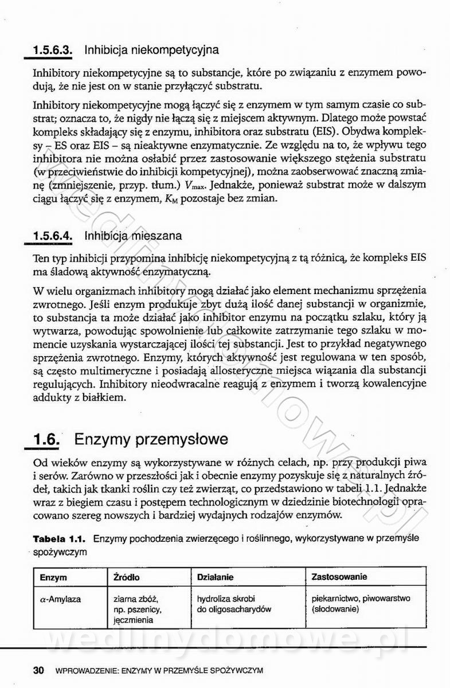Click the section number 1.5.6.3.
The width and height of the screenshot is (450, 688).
pyautogui.click(x=52, y=50)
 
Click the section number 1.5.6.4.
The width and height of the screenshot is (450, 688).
pyautogui.click(x=52, y=236)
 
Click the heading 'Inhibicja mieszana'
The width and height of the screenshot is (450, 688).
pyautogui.click(x=132, y=236)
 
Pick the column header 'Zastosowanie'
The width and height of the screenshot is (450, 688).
pyautogui.click(x=339, y=577)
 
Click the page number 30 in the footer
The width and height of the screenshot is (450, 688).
pyautogui.click(x=39, y=670)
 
